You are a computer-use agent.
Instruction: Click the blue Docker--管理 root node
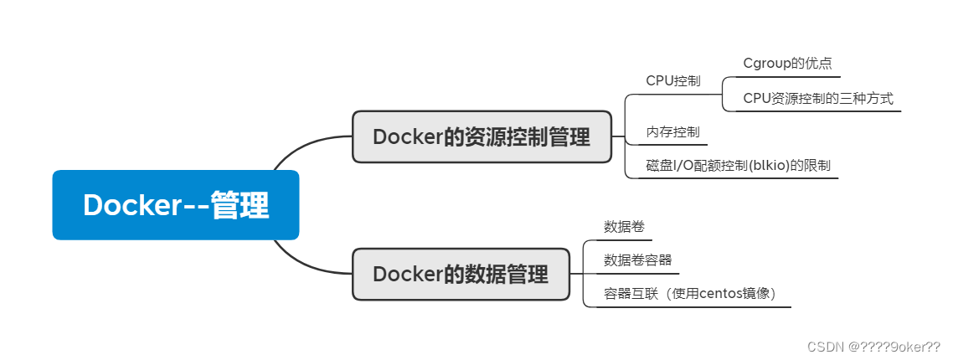click(176, 205)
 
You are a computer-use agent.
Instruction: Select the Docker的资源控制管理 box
click(482, 136)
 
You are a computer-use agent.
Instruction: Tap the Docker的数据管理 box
click(461, 275)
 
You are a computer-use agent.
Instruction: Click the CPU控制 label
click(672, 81)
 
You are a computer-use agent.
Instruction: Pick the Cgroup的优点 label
click(788, 64)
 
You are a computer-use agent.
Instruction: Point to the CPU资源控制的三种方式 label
click(818, 99)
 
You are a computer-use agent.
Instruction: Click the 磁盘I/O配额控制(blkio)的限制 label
click(738, 165)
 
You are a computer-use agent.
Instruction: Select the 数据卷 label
click(624, 227)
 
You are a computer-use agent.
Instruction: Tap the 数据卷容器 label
click(637, 260)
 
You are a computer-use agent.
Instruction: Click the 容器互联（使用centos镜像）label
click(690, 294)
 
